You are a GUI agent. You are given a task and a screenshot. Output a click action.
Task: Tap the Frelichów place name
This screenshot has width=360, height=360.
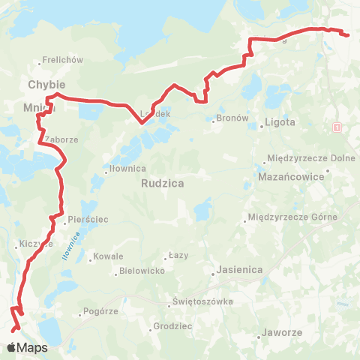[x=62, y=59]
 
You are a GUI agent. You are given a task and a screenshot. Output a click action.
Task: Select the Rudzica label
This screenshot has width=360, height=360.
[x=163, y=182]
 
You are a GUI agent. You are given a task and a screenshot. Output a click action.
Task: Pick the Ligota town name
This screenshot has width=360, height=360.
[x=281, y=121]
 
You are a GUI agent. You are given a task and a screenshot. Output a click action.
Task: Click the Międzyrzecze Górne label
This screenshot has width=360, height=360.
[x=293, y=217]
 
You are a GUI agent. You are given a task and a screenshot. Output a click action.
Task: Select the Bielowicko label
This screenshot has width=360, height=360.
[x=142, y=271]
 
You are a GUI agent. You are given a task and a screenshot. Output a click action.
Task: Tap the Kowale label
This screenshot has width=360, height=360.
[x=107, y=256]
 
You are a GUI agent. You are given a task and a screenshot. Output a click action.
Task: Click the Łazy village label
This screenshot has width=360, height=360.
[x=178, y=256]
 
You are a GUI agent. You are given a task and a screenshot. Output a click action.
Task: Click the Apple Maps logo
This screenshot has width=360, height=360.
[x=27, y=347]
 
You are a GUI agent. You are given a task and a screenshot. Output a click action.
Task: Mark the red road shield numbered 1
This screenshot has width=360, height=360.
[x=338, y=127]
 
